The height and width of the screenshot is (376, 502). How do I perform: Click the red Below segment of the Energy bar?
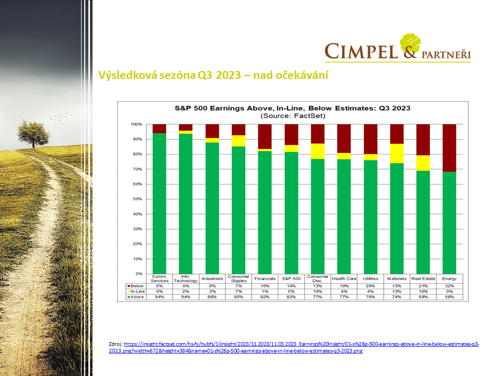click(449, 148)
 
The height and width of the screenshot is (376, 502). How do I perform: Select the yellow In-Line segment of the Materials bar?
click(396, 153)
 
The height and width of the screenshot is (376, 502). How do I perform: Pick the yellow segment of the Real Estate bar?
click(423, 163)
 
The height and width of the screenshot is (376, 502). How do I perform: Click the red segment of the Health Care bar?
click(344, 138)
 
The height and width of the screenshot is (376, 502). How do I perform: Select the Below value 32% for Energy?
click(449, 286)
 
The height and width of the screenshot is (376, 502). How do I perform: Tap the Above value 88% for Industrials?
click(212, 297)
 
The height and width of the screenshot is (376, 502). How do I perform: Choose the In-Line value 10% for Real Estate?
click(423, 291)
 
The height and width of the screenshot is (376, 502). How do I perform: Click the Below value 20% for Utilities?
click(370, 286)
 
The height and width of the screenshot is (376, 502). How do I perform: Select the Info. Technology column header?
click(186, 279)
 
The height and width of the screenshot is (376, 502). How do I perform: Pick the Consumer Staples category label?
click(238, 279)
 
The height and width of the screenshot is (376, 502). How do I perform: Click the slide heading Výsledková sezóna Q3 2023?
click(213, 76)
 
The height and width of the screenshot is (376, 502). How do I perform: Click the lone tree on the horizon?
click(33, 133)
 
